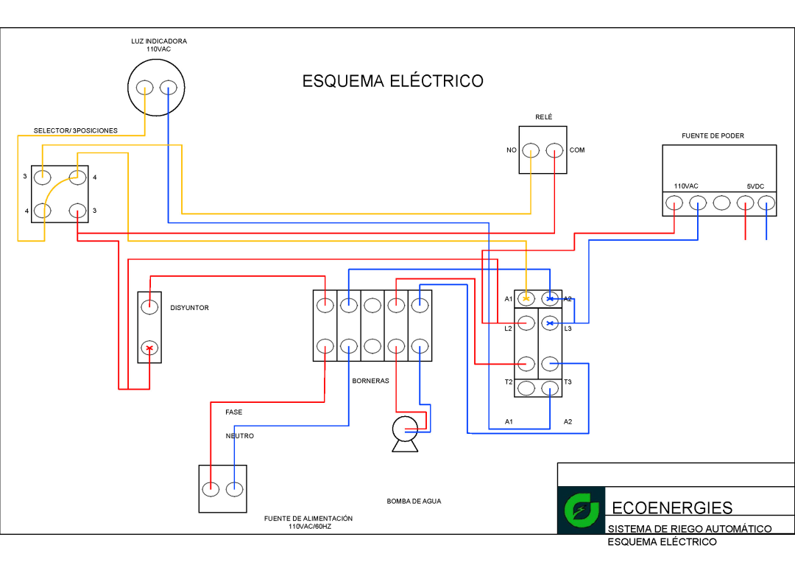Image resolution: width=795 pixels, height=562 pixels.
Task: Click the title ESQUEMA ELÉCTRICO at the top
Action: [392, 81]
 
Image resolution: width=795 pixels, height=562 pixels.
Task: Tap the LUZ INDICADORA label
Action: [159, 41]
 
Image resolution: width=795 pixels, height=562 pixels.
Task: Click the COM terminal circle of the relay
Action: [554, 150]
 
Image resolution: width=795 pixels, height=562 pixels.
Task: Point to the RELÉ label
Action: [543, 117]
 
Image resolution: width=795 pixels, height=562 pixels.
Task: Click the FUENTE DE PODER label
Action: [713, 136]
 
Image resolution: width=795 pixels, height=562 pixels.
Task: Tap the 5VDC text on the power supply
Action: [756, 186]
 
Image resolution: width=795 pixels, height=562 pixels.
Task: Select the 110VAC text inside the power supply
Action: [686, 186]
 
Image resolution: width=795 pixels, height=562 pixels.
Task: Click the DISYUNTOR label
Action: [190, 308]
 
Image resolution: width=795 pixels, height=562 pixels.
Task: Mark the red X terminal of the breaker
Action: [149, 348]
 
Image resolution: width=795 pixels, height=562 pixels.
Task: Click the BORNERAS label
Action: [370, 381]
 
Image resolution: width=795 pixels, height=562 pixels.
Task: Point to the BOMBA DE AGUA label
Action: [414, 501]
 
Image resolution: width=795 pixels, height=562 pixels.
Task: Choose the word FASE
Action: [234, 412]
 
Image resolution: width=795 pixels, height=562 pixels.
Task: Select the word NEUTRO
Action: [239, 436]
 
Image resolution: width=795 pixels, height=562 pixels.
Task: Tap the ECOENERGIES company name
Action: [672, 507]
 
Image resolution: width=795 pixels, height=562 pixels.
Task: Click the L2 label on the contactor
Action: [508, 329]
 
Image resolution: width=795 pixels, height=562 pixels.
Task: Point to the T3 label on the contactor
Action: [568, 382]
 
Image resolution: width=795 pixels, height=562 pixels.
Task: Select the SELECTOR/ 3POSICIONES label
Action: [75, 130]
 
